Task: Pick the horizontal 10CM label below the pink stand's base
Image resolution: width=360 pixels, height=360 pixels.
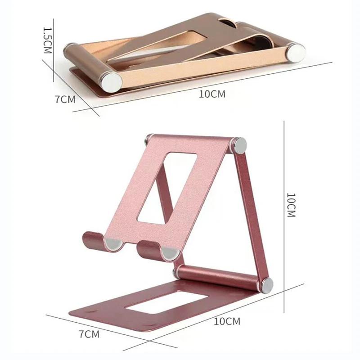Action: [227, 321]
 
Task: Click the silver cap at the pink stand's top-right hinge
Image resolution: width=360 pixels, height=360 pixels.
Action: [239, 145]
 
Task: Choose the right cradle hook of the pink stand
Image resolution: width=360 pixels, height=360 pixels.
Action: [151, 249]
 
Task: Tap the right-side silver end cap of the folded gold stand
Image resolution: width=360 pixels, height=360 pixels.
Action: [297, 52]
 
